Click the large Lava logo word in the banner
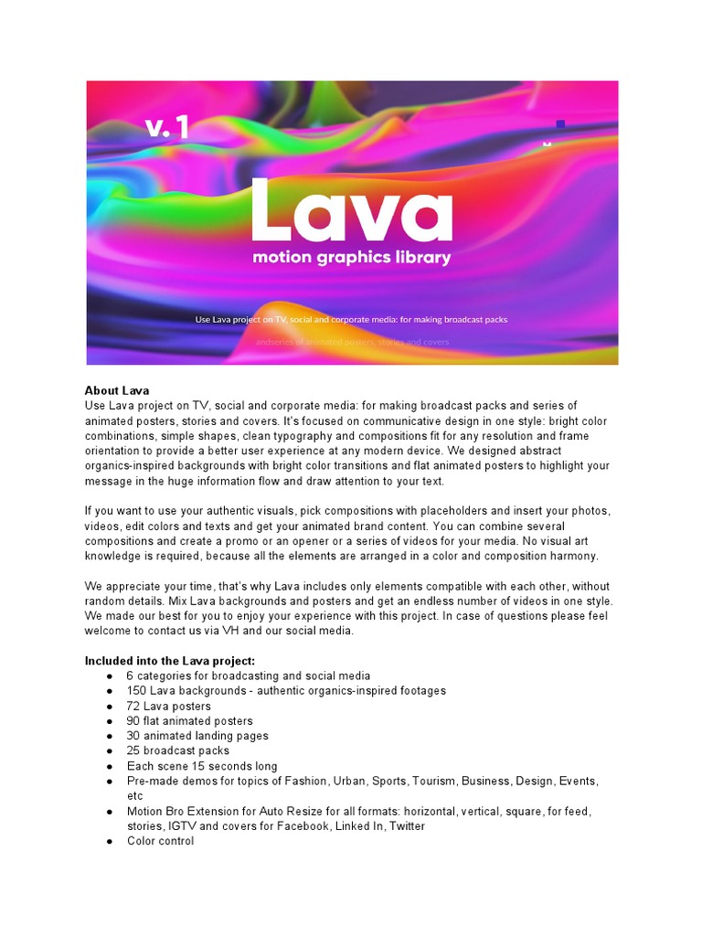click(352, 212)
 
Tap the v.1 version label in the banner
click(167, 127)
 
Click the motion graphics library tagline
click(352, 258)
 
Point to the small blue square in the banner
click(560, 123)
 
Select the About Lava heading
click(117, 390)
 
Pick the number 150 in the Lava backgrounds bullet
click(136, 691)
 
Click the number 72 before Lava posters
click(133, 706)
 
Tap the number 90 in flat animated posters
click(133, 721)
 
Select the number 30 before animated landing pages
click(133, 736)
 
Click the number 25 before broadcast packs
click(133, 750)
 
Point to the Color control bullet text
click(160, 841)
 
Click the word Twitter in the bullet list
click(407, 826)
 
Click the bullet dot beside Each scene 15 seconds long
click(110, 767)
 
